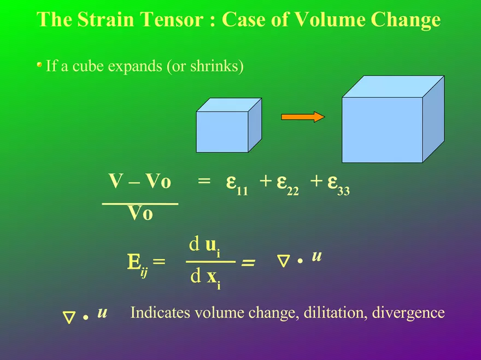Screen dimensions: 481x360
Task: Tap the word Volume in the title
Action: [x=330, y=19]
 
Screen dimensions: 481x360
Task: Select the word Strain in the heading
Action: [x=105, y=19]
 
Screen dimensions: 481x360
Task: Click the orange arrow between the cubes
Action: [x=303, y=117]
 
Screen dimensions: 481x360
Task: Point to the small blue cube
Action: [x=229, y=125]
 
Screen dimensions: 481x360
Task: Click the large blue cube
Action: [x=393, y=119]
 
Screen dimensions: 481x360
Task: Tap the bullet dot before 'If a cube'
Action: [x=39, y=64]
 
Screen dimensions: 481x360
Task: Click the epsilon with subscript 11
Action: [x=237, y=185]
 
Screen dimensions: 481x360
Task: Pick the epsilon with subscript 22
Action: [x=288, y=185]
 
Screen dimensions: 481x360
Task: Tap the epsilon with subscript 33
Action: [x=338, y=185]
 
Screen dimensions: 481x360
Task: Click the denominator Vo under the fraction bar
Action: [x=140, y=213]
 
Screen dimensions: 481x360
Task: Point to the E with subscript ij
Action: [x=137, y=264]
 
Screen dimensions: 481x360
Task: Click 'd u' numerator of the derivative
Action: [x=204, y=246]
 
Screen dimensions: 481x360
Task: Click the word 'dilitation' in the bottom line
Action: [x=336, y=312]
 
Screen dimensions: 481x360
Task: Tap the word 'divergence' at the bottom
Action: [x=408, y=314]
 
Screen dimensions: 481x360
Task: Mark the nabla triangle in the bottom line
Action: [x=69, y=318]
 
